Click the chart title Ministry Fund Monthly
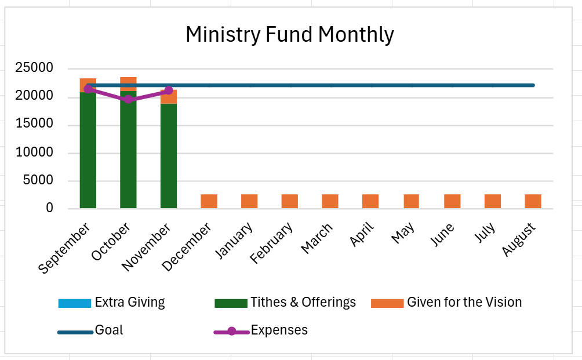pos(289,35)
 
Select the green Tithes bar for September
pos(88,151)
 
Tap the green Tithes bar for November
pos(169,157)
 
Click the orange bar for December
pos(209,201)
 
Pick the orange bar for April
pos(370,201)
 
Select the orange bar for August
pos(533,201)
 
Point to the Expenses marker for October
pos(128,99)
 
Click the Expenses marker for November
pos(169,90)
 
